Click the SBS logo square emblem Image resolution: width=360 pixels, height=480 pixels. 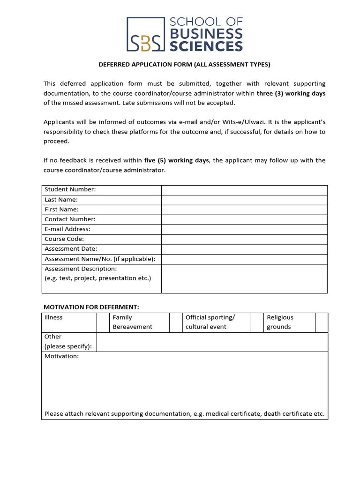pyautogui.click(x=146, y=34)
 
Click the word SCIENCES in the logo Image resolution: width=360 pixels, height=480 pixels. pyautogui.click(x=206, y=45)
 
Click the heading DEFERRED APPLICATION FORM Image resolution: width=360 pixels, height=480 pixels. pyautogui.click(x=184, y=65)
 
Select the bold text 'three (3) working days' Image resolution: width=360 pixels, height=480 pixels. pyautogui.click(x=291, y=93)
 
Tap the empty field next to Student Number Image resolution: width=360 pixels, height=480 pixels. pyautogui.click(x=244, y=190)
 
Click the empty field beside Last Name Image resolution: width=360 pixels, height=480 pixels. pyautogui.click(x=244, y=200)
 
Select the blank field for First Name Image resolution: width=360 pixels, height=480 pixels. pyautogui.click(x=244, y=210)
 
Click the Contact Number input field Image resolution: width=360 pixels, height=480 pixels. pyautogui.click(x=244, y=219)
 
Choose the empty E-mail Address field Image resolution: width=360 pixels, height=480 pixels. pyautogui.click(x=244, y=229)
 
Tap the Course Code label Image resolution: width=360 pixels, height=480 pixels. pyautogui.click(x=64, y=239)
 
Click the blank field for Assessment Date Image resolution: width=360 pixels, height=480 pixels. pyautogui.click(x=244, y=249)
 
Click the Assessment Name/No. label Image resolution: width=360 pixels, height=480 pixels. pyautogui.click(x=100, y=259)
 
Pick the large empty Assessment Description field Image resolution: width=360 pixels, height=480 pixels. pyautogui.click(x=244, y=278)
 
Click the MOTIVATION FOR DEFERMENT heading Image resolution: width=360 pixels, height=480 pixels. pyautogui.click(x=91, y=307)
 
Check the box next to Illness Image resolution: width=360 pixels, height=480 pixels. pyautogui.click(x=103, y=322)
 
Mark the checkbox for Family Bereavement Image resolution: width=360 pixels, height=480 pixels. pyautogui.click(x=176, y=322)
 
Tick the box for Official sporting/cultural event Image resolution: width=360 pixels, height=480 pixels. pyautogui.click(x=257, y=322)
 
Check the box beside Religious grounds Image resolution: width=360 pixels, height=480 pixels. pyautogui.click(x=322, y=322)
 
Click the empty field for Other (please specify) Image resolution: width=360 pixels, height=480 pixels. pyautogui.click(x=212, y=342)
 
